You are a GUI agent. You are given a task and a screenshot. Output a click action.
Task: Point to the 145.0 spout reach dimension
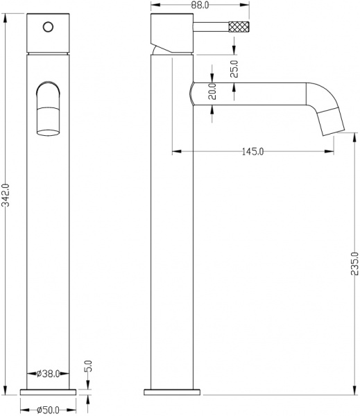252,152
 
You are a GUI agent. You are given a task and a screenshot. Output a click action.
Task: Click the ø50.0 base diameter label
48,410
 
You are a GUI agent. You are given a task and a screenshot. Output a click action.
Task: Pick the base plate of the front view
48,392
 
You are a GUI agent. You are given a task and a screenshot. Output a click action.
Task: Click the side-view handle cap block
171,35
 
